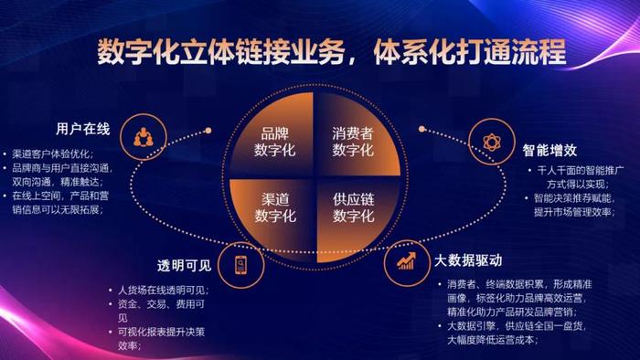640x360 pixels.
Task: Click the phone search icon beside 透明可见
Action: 240,265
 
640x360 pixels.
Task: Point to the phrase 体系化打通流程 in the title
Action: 454,53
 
